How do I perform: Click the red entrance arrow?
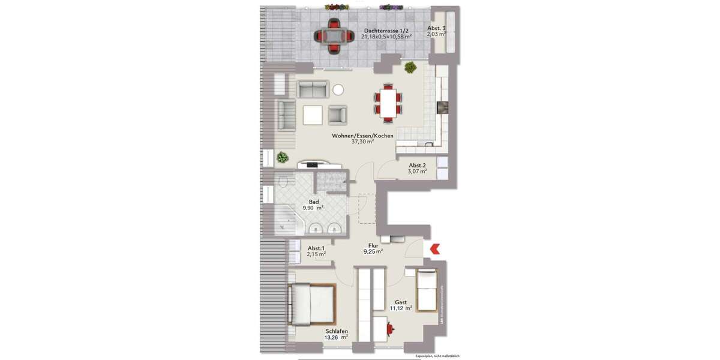click(x=434, y=248)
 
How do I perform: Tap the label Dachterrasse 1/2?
click(x=386, y=30)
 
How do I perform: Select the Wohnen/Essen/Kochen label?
click(x=362, y=136)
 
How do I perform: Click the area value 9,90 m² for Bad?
click(x=313, y=208)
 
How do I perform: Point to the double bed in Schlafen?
click(x=311, y=304)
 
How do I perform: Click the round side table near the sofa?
click(x=338, y=89)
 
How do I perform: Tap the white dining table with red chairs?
click(x=389, y=101)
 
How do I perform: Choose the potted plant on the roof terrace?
click(x=410, y=67)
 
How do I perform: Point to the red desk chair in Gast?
click(x=391, y=329)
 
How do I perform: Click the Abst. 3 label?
click(x=436, y=29)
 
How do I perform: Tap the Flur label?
click(x=373, y=245)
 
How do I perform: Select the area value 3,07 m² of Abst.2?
click(x=418, y=172)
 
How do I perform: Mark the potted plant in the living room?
click(x=282, y=158)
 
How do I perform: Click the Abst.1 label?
click(x=316, y=248)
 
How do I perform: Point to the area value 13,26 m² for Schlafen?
click(x=337, y=337)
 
